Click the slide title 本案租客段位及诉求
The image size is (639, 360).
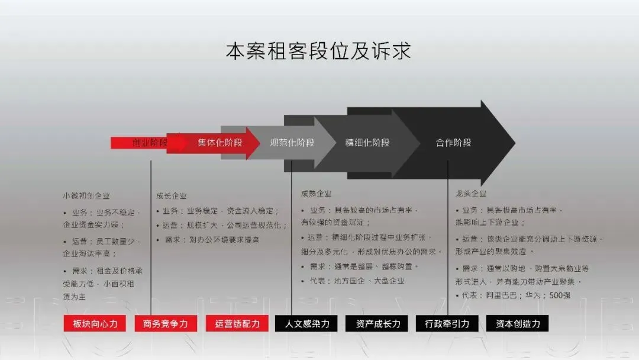tap(318, 51)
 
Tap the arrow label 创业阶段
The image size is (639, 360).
tap(150, 143)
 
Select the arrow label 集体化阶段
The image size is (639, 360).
tap(220, 143)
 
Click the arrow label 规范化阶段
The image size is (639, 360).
tap(292, 143)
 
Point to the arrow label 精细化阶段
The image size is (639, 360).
tap(367, 143)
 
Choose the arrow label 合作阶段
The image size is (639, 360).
tap(454, 143)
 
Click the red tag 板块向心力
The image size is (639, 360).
tap(95, 323)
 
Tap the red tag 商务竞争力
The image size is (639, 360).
tap(166, 323)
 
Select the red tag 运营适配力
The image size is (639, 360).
tap(237, 323)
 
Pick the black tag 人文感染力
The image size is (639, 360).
tap(306, 323)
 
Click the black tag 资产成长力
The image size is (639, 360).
tap(377, 323)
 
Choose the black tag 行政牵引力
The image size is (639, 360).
tap(447, 323)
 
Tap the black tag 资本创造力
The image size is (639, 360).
tap(517, 323)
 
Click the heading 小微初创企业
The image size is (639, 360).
tap(86, 195)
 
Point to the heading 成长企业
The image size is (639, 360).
tap(171, 195)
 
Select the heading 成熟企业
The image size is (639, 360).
tap(316, 194)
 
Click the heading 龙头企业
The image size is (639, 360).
tap(471, 194)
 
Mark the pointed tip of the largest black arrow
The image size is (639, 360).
tap(515, 143)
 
